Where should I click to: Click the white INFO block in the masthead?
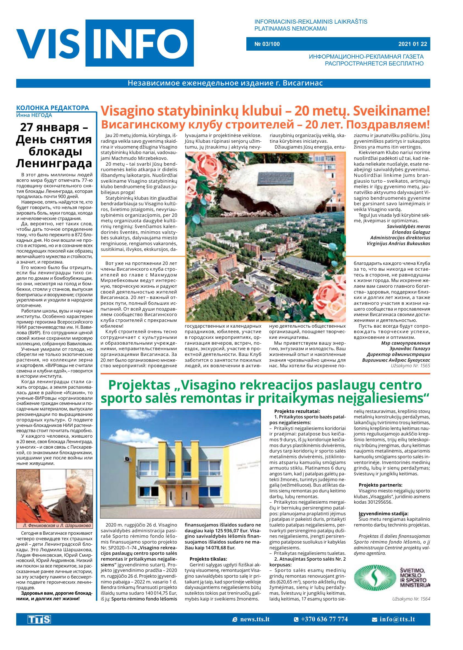point(140,43)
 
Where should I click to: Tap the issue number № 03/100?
point(267,44)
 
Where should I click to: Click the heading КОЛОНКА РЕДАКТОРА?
point(53,108)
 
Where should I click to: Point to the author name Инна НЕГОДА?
point(34,115)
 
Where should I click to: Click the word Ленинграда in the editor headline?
point(54,163)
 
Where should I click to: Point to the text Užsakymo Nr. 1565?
point(410,365)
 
